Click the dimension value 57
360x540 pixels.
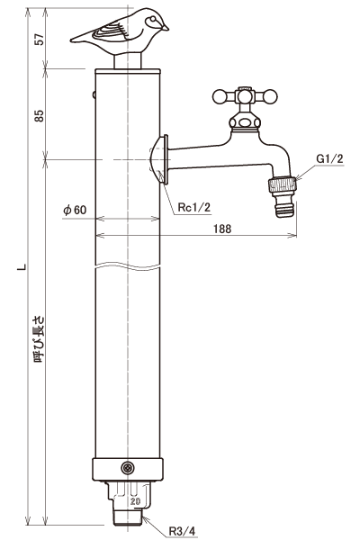[x=40, y=39]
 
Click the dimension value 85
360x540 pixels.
[x=40, y=115]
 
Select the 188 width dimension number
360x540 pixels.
[x=222, y=229]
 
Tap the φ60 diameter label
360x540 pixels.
[x=75, y=210]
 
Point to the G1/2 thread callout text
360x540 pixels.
[x=329, y=158]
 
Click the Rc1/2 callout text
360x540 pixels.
[x=193, y=207]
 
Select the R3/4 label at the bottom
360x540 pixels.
[x=182, y=531]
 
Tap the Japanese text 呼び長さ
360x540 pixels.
[x=40, y=339]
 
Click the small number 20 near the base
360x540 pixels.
[x=135, y=501]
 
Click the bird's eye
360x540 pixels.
[x=151, y=22]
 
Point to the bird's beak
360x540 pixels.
[x=166, y=28]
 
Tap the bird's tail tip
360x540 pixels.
[x=72, y=40]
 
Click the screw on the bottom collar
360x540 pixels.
[x=128, y=468]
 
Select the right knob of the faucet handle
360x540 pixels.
[x=270, y=96]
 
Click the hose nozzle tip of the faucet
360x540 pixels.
[x=285, y=210]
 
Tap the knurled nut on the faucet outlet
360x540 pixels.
[x=282, y=184]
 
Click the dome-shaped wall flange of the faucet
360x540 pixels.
[x=159, y=159]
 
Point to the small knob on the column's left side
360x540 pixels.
[x=94, y=94]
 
